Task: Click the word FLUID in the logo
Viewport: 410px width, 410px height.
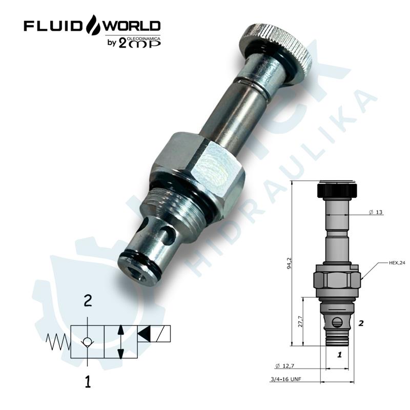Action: coord(52,26)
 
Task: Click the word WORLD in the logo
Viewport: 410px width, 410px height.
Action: coord(132,26)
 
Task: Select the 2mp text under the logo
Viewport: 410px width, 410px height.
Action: coord(139,43)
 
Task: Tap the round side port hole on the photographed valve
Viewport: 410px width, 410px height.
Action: coord(167,234)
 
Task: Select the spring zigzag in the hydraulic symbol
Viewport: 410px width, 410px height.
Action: coord(58,342)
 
